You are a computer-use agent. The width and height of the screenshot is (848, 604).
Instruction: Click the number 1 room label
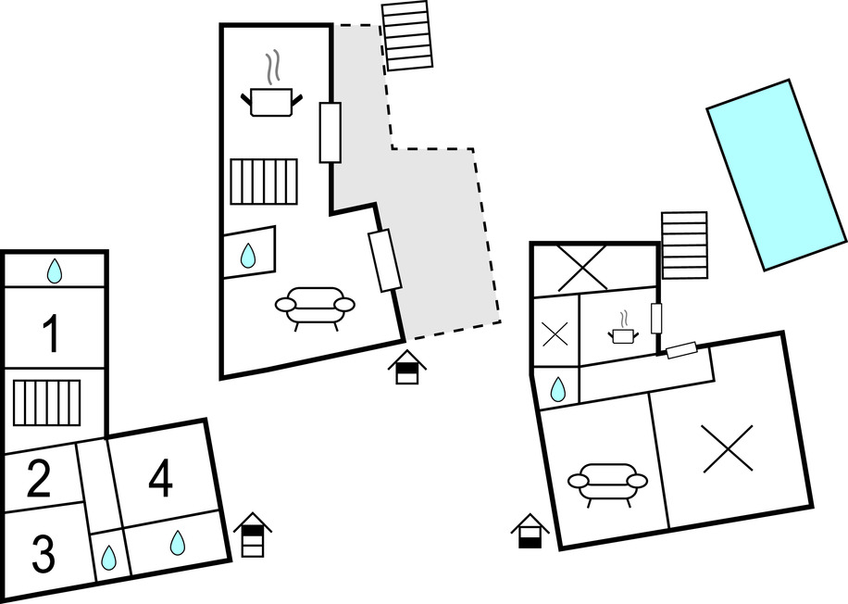53,334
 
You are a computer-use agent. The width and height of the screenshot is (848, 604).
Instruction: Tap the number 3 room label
44,553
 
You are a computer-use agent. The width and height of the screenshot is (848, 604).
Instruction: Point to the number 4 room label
161,479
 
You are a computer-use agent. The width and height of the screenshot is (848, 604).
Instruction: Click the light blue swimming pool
778,173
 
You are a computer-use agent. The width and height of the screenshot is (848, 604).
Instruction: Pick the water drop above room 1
55,271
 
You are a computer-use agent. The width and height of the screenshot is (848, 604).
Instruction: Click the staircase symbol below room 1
46,402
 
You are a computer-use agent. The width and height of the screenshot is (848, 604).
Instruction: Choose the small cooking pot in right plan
624,332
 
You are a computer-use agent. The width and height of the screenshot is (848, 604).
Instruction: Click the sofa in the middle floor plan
316,307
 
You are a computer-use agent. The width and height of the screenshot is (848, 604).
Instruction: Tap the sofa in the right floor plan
607,482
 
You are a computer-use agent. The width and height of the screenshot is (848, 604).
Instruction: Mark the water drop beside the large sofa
248,256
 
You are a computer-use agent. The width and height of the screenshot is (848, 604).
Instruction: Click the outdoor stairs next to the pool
684,245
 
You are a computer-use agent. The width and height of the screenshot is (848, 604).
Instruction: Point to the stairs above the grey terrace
408,35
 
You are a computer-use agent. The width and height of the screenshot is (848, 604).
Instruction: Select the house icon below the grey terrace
407,367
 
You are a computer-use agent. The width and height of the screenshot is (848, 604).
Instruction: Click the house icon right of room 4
253,535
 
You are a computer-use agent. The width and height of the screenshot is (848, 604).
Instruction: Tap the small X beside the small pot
555,333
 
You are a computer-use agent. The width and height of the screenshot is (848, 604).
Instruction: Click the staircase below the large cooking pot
265,182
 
